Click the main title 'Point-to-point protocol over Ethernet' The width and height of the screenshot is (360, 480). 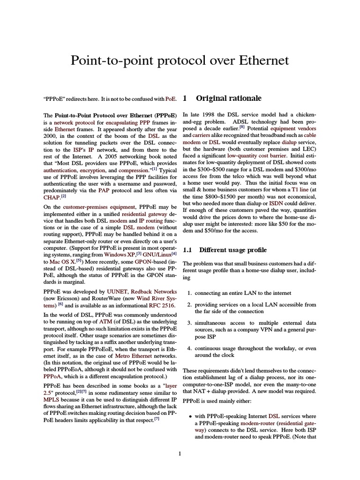180,61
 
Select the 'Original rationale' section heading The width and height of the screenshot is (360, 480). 222,98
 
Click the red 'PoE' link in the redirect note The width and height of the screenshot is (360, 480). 171,99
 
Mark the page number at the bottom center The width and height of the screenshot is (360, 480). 180,453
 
